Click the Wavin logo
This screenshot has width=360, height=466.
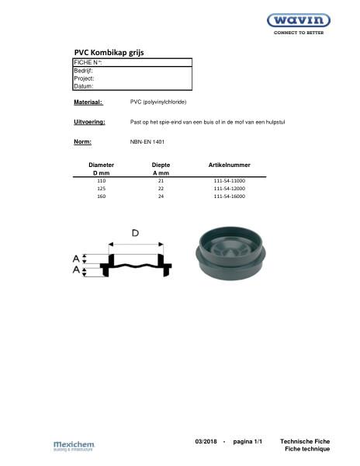(x=299, y=22)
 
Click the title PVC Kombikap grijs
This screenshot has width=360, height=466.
(x=109, y=52)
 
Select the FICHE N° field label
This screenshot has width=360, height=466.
(x=88, y=62)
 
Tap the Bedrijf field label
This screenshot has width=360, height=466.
(x=84, y=70)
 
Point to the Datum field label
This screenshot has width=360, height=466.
(x=83, y=86)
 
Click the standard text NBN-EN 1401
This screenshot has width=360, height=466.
(x=147, y=142)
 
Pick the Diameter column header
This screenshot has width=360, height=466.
(x=101, y=165)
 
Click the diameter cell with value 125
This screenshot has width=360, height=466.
(x=101, y=189)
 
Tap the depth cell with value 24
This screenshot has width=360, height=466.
(x=161, y=197)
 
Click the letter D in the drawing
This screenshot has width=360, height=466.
(x=135, y=233)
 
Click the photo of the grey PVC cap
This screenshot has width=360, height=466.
(x=233, y=252)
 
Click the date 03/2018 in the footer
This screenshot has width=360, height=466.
(x=206, y=441)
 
